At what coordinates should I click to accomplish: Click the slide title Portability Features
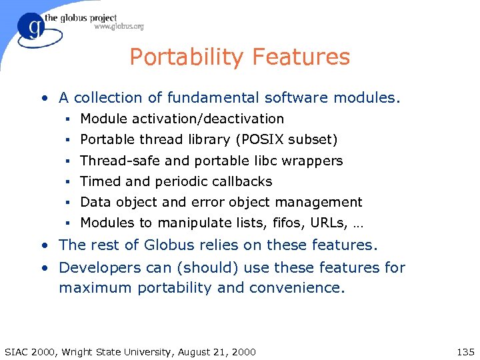[239, 57]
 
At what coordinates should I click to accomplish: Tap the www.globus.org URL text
[119, 27]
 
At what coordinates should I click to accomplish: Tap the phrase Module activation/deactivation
[182, 119]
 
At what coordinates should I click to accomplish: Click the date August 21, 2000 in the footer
[216, 352]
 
